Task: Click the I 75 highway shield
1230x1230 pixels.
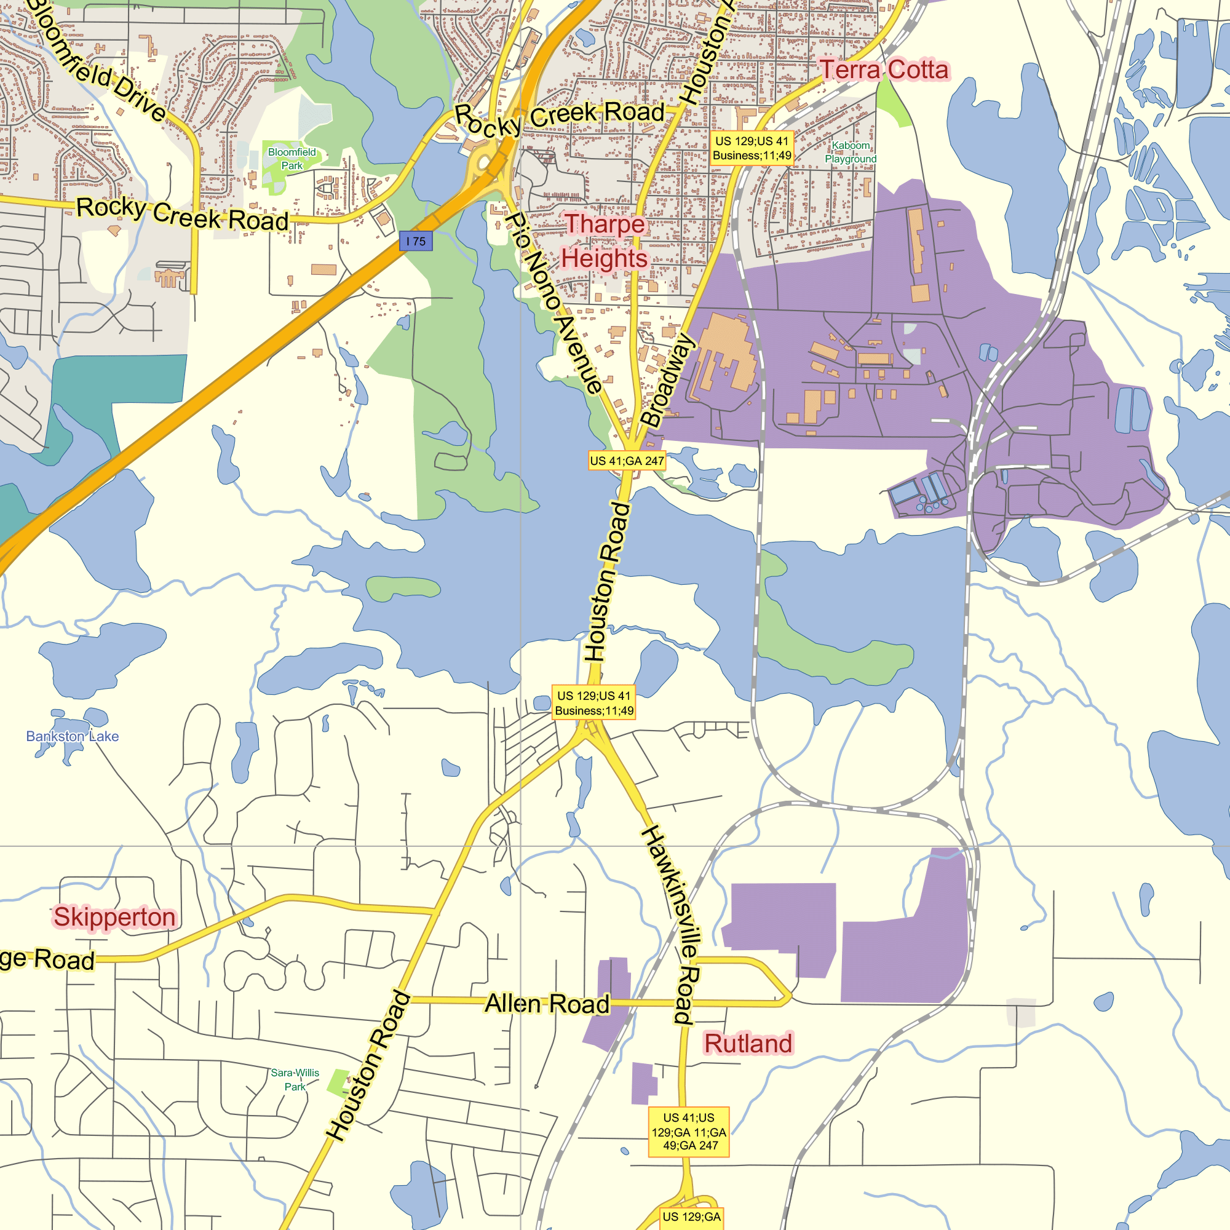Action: (416, 241)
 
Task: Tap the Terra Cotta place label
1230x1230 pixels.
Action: (884, 70)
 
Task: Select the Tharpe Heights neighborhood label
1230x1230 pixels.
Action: (604, 241)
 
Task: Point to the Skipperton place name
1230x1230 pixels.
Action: (114, 917)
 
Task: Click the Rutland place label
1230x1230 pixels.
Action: (748, 1044)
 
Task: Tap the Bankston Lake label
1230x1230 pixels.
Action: (72, 737)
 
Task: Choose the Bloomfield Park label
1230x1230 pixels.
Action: (292, 159)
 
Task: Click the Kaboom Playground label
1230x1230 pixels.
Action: (851, 152)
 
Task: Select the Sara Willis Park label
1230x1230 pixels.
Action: (295, 1080)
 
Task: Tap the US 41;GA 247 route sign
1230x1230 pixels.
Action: (627, 461)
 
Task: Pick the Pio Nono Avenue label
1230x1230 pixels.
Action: (553, 303)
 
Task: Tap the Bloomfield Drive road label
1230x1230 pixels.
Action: (95, 60)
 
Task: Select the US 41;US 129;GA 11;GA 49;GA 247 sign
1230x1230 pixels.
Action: (688, 1132)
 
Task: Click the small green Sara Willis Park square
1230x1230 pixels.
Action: (338, 1082)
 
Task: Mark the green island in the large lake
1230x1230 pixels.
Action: (402, 589)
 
